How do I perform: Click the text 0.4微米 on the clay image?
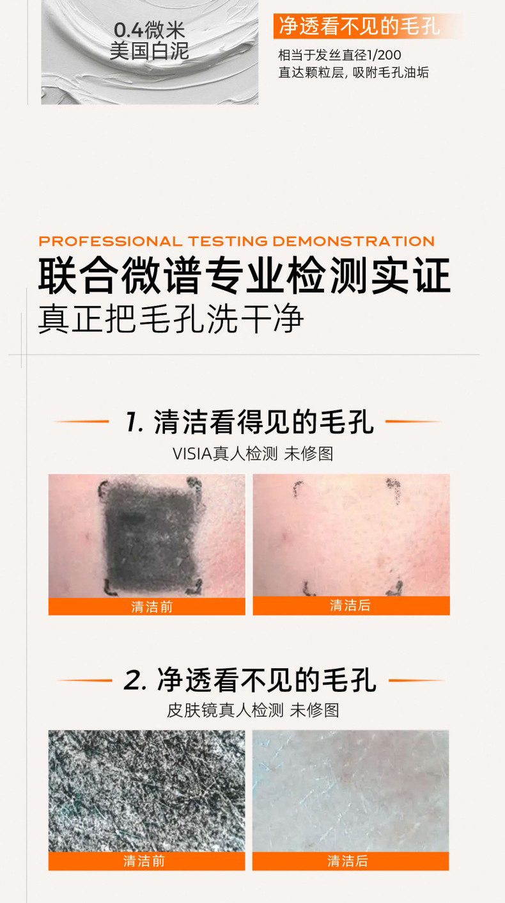point(149,30)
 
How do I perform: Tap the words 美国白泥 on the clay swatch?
point(149,51)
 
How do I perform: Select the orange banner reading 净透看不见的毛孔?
point(368,26)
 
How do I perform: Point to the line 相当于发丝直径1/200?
point(339,55)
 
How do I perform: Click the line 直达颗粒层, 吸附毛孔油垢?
point(353,72)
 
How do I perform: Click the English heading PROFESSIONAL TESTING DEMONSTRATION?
point(237,241)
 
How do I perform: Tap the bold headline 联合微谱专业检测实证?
point(244,276)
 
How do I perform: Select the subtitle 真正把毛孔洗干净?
point(171,319)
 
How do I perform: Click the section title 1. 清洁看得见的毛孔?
point(250,422)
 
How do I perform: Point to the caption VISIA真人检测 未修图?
point(253,454)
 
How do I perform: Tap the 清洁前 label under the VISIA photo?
point(152,607)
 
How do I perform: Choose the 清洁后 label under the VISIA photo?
point(350,605)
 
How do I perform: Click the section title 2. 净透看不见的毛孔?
point(250,680)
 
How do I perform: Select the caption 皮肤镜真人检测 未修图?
point(253,710)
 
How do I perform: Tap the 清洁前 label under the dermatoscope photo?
point(144,861)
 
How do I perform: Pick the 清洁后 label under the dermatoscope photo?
point(348,861)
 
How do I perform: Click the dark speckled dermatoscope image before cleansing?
point(146,792)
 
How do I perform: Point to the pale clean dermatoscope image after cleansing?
point(351,792)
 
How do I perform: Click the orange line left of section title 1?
point(81,422)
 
